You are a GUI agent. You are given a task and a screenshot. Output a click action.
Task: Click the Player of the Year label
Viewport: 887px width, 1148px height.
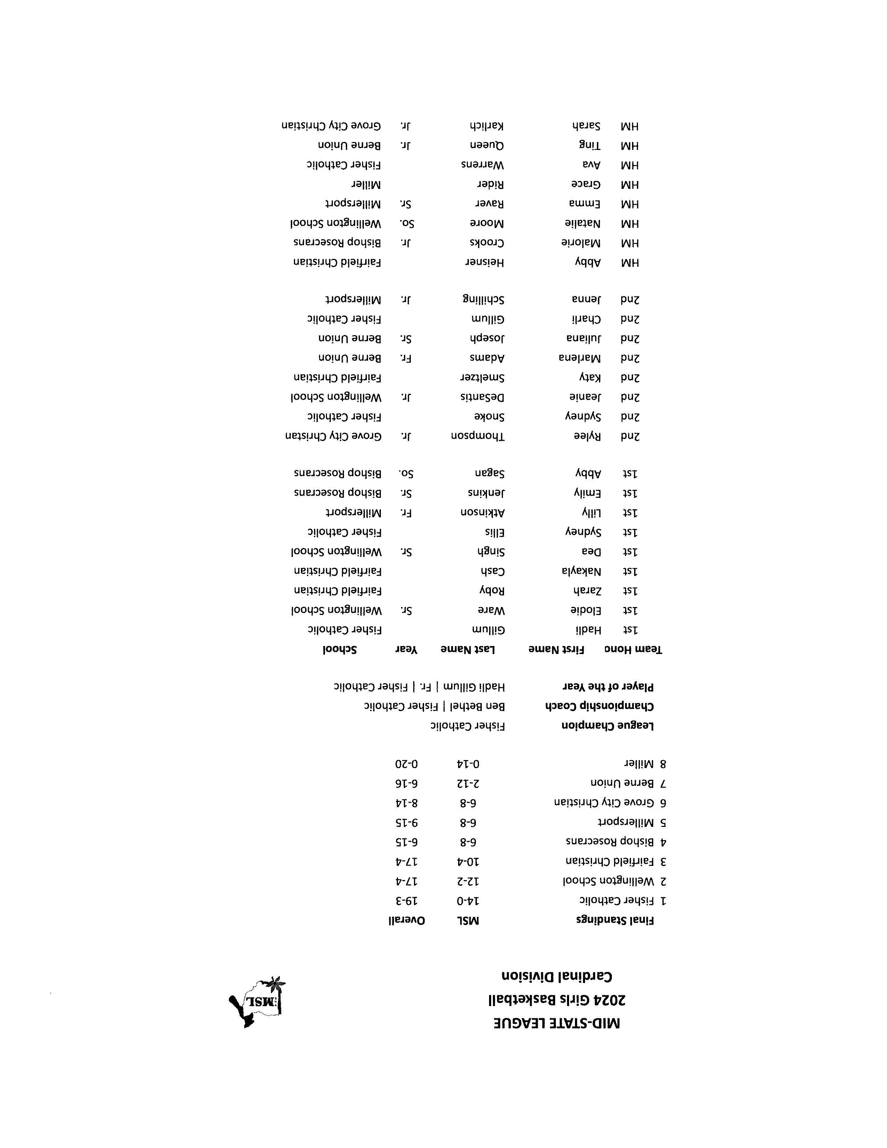click(608, 686)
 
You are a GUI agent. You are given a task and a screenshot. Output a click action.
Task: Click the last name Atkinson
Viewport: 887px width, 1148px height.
click(482, 512)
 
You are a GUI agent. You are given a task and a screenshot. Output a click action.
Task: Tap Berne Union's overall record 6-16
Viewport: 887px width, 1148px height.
click(406, 783)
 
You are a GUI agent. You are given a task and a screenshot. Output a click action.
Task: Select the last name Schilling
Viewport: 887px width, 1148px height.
click(484, 300)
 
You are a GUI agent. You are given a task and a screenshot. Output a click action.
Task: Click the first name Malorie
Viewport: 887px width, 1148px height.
click(581, 243)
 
